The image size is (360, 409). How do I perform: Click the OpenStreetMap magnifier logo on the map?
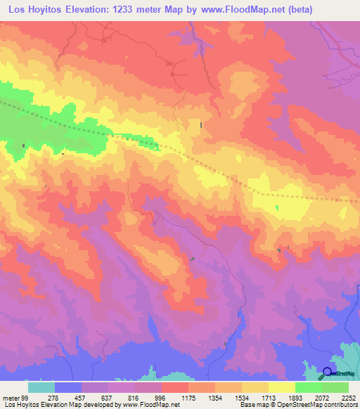click(328, 373)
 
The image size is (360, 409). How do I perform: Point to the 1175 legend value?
click(188, 398)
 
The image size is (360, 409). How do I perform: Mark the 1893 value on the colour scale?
click(295, 398)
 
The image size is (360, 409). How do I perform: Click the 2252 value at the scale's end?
click(348, 398)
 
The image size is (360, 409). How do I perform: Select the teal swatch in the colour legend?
click(41, 387)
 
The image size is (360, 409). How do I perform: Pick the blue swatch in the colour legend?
click(68, 387)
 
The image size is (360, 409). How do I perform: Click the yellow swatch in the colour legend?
click(281, 387)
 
